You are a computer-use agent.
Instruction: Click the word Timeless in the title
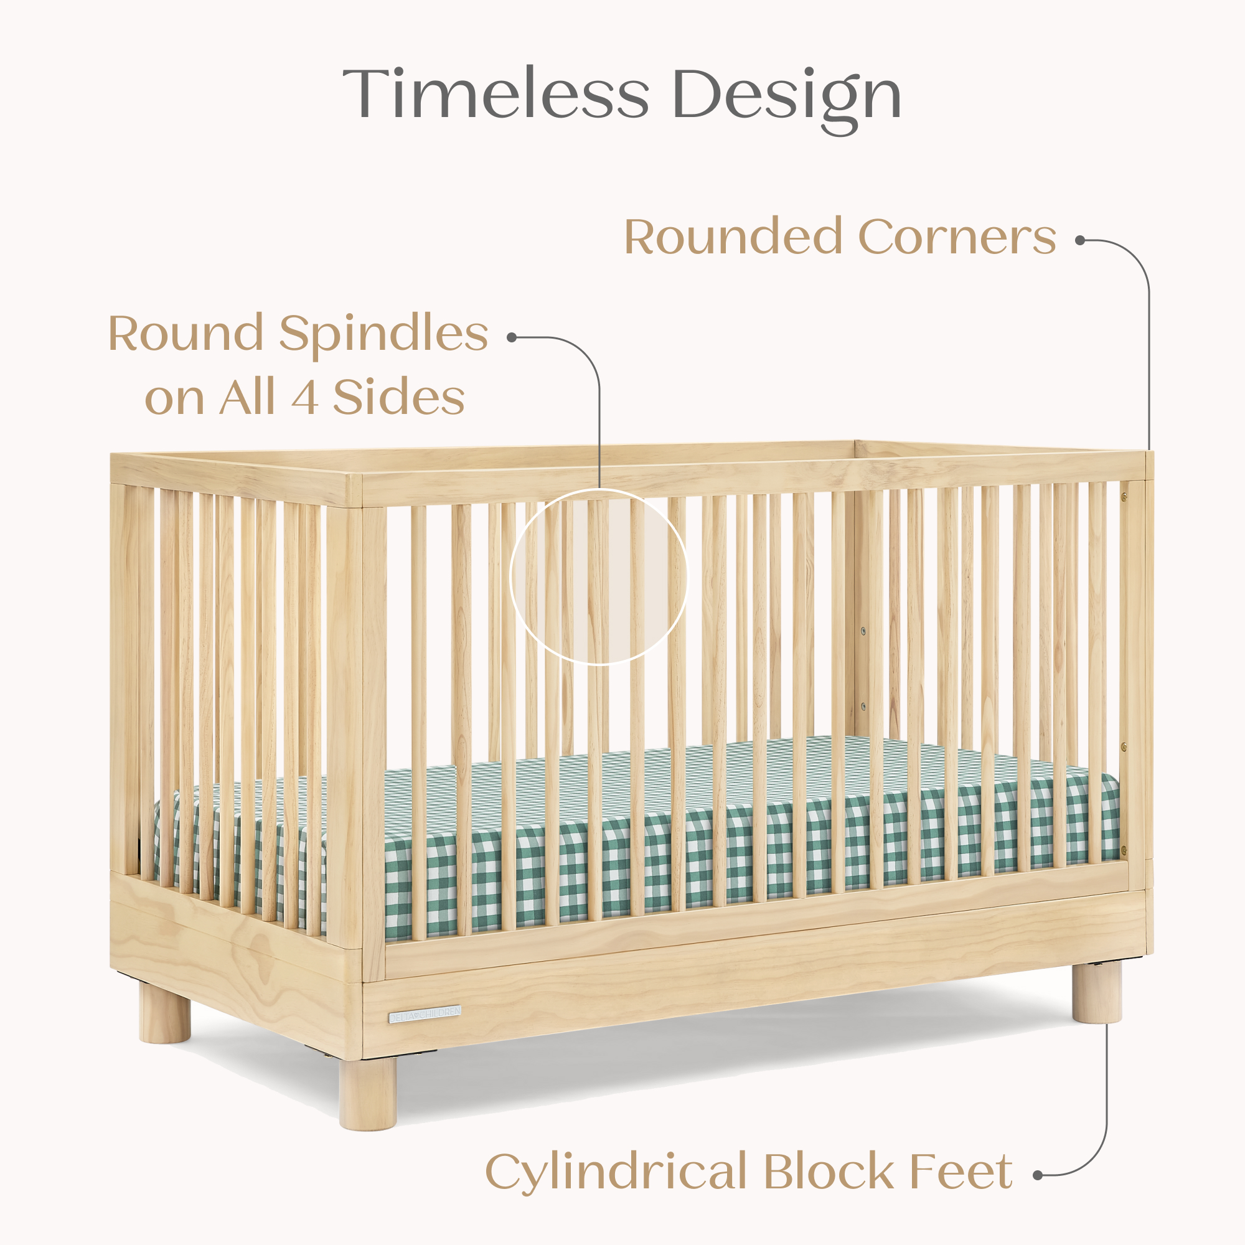point(495,94)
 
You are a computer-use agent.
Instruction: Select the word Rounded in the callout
point(733,237)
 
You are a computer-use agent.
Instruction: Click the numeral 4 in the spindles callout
point(304,398)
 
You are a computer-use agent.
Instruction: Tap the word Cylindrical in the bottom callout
point(616,1171)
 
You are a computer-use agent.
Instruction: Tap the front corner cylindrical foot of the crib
point(368,1094)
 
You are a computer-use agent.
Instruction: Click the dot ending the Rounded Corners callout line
point(1079,240)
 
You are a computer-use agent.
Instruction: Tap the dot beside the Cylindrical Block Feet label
point(1037,1175)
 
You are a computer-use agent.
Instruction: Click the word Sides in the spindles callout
point(399,398)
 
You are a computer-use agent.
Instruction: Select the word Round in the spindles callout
point(186,334)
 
